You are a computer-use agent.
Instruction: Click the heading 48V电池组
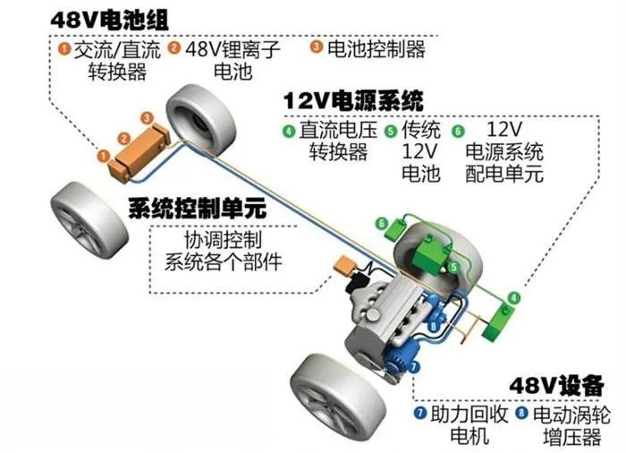[109, 19]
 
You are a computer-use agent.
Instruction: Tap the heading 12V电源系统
[353, 100]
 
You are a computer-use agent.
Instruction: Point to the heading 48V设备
[556, 386]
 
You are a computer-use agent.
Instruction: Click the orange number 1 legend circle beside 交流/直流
[64, 49]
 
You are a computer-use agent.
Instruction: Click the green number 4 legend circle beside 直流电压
[288, 131]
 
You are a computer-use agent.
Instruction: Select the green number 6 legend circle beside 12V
[458, 131]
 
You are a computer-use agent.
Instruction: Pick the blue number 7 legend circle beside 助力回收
[420, 412]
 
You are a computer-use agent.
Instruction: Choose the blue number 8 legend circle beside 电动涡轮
[521, 412]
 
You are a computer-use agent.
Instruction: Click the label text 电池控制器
[376, 48]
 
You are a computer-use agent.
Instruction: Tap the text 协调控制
[223, 240]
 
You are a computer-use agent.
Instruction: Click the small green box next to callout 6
[395, 229]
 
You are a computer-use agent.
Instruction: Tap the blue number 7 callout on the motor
[413, 365]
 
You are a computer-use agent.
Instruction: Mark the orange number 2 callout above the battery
[124, 139]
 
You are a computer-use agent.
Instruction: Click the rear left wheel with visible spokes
[89, 222]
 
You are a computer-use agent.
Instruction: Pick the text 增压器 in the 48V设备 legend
[571, 436]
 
